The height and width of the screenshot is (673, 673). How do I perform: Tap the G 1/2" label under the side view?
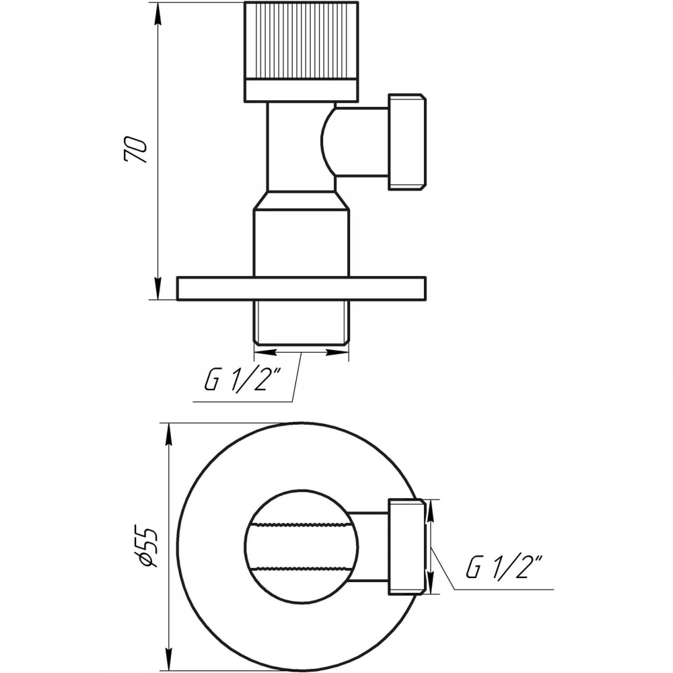pyautogui.click(x=242, y=379)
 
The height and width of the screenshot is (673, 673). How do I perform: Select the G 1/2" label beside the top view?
pyautogui.click(x=505, y=567)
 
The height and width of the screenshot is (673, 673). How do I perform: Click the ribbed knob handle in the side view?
pyautogui.click(x=301, y=41)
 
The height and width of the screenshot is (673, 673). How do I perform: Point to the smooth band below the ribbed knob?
pyautogui.click(x=301, y=91)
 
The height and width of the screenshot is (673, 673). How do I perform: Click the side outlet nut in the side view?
pyautogui.click(x=407, y=142)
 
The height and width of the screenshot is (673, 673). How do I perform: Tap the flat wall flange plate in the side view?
pyautogui.click(x=302, y=288)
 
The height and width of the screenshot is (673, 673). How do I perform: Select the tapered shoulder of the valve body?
pyautogui.click(x=301, y=201)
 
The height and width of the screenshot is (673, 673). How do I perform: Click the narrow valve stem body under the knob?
pyautogui.click(x=301, y=147)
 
